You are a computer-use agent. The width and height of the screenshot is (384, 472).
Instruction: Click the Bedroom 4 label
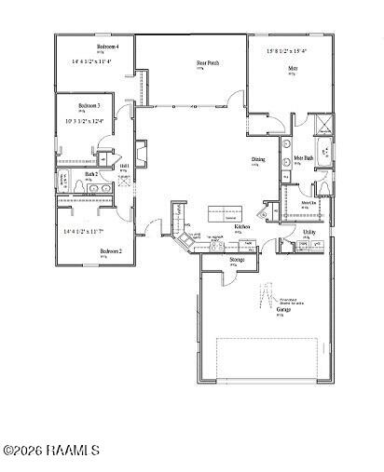[x=107, y=46]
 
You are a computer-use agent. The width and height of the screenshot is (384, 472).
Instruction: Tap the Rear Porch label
[x=207, y=64]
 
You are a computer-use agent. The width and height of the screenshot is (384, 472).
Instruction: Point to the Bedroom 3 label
[x=89, y=106]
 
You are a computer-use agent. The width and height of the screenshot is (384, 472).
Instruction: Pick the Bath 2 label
[x=91, y=174]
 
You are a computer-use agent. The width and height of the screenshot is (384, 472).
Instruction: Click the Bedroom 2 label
[x=111, y=250]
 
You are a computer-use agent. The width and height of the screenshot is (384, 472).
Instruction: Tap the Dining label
[x=257, y=160]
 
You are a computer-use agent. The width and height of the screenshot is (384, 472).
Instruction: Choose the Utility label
[x=309, y=232]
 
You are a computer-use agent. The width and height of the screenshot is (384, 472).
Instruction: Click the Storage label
[x=237, y=260]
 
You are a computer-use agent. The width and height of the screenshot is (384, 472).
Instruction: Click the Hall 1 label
[x=125, y=166]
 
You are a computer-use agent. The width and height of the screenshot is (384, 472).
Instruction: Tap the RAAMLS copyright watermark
[x=51, y=451]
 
